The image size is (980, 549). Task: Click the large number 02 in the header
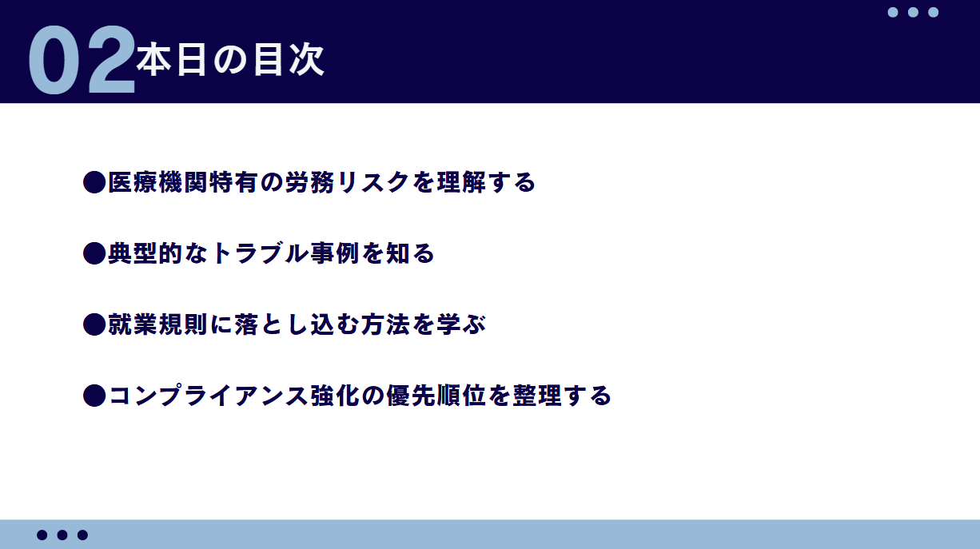(x=82, y=59)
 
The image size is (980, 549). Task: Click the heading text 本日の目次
(x=230, y=60)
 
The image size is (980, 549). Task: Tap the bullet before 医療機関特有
(x=94, y=182)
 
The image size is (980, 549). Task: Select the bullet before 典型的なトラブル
(x=94, y=253)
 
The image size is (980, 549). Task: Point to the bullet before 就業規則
(x=94, y=324)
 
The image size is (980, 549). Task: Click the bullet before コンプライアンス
(x=94, y=396)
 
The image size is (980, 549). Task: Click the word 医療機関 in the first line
(x=158, y=182)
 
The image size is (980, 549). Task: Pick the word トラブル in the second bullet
(x=260, y=253)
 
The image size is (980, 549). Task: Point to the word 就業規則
(x=158, y=324)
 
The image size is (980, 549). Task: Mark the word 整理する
(x=562, y=396)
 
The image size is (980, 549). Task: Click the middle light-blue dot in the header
(x=913, y=12)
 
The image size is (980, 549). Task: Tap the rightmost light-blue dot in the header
(x=933, y=12)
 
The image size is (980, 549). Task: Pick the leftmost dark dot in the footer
(x=42, y=535)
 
